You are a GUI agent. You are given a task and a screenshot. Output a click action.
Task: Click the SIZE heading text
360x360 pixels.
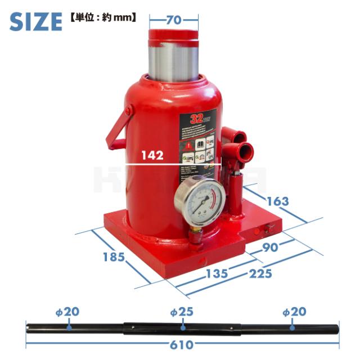point(35,21)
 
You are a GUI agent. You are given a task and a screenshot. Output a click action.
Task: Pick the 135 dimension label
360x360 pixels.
point(216,274)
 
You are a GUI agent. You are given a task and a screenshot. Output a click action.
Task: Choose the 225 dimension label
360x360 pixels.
point(260,274)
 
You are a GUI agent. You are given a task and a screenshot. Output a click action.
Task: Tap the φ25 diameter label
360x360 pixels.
point(182,312)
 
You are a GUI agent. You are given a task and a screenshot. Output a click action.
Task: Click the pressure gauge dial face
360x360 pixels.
point(200,202)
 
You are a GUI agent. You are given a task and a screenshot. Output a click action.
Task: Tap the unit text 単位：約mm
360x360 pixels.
point(103,17)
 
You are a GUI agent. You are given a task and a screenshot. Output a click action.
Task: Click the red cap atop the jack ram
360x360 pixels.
point(173,36)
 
